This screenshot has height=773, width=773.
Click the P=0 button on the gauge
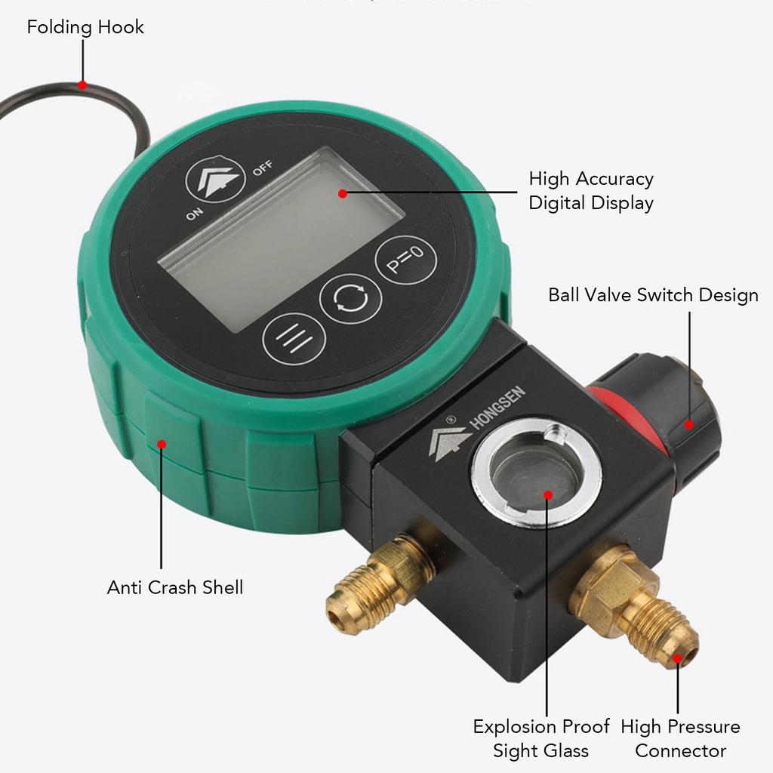click(406, 260)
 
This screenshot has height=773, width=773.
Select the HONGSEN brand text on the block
click(497, 408)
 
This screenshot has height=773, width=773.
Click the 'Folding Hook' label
click(85, 28)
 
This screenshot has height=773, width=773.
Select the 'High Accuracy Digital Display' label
click(591, 191)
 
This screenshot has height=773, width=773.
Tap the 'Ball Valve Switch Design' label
click(653, 294)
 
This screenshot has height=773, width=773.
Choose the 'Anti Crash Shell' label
click(175, 587)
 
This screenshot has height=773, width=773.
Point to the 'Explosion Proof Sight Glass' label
click(540, 738)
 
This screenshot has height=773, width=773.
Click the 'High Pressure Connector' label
click(680, 738)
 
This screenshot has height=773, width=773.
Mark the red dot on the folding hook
click(82, 85)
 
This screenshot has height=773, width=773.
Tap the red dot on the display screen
click(343, 193)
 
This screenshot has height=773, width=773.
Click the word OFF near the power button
click(263, 168)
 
